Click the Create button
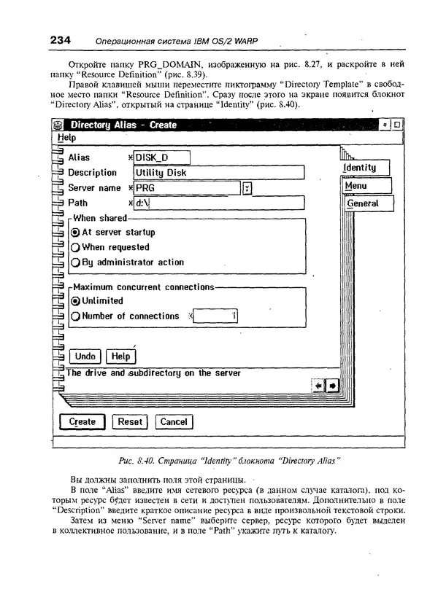pos(82,421)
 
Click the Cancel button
pos(174,421)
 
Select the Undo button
pos(85,356)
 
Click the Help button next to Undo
pos(120,356)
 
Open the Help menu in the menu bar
pos(66,138)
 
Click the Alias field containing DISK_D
pos(161,157)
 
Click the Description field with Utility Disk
pos(218,173)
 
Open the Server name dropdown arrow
pos(247,189)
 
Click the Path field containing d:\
pos(218,203)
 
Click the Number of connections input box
pos(215,316)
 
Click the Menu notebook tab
pos(363,186)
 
